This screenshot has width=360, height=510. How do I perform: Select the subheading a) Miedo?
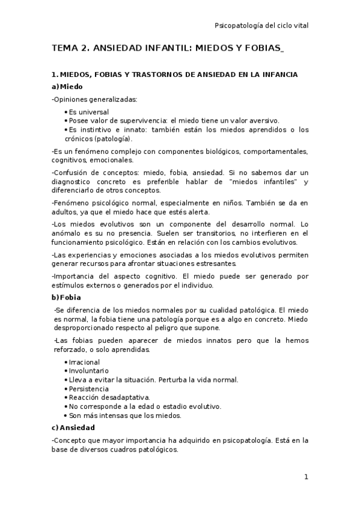67,87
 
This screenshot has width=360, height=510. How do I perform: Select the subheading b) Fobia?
66,297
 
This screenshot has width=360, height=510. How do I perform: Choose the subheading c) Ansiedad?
73,428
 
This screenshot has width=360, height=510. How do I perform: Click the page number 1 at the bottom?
306,477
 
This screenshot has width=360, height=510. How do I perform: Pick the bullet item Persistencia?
89,389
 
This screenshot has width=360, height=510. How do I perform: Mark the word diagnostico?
73,182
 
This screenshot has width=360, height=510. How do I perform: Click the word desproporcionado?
86,328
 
